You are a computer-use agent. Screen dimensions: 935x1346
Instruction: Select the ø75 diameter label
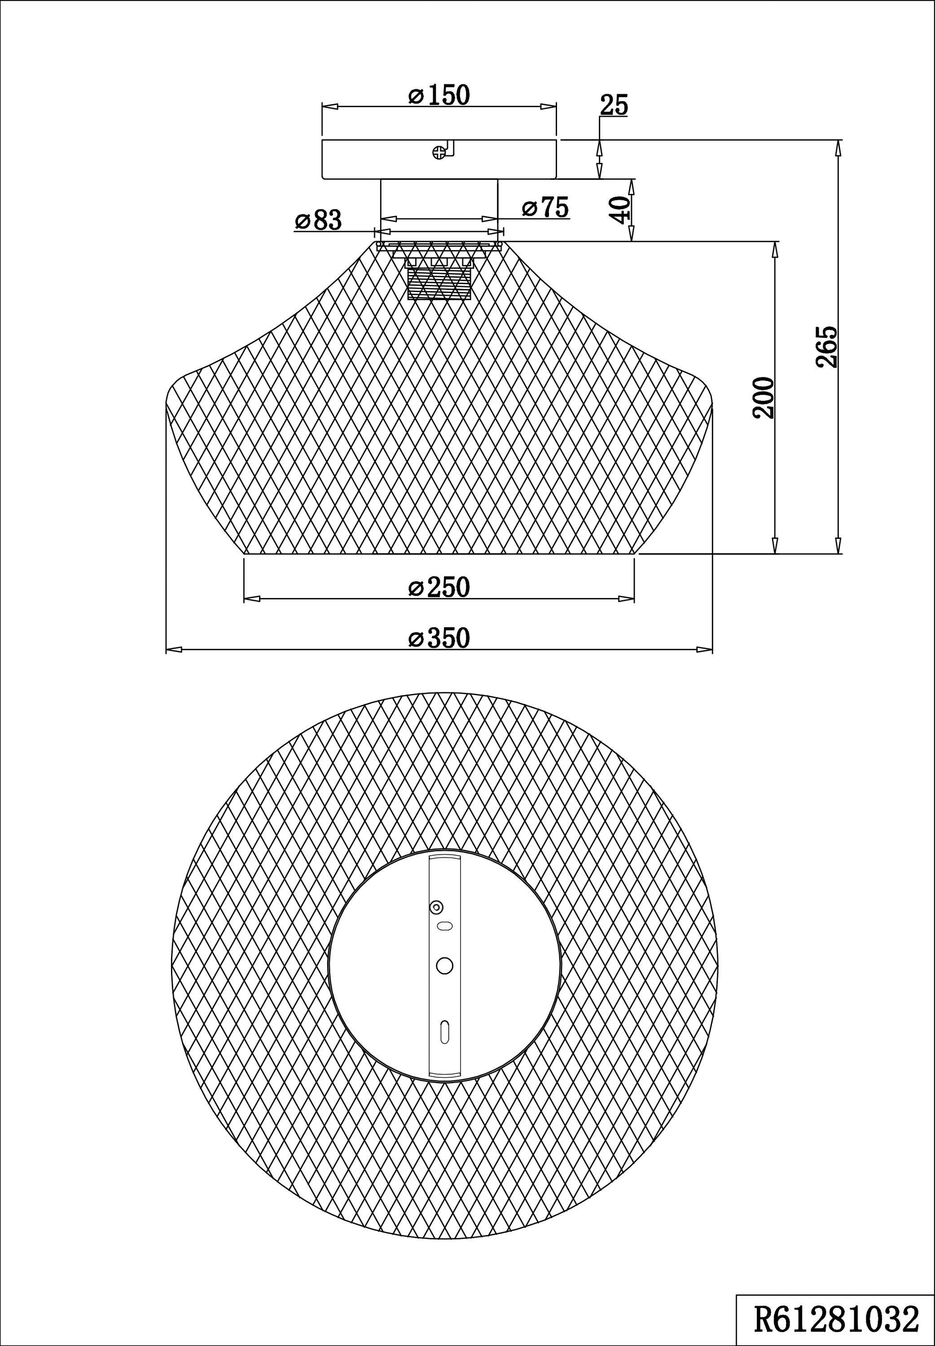[545, 207]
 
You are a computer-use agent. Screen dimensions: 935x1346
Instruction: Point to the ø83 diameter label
[318, 220]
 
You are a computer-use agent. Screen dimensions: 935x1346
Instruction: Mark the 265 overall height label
[827, 347]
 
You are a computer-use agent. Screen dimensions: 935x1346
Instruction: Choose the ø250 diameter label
[439, 587]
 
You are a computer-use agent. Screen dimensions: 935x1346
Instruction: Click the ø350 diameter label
[439, 638]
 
